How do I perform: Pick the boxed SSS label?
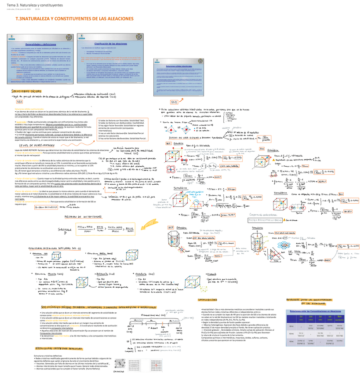coord(19,101)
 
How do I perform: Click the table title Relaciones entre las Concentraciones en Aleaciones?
coord(313,311)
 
